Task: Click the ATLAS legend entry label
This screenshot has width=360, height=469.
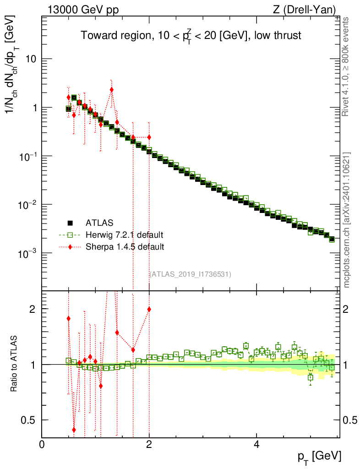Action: coord(99,223)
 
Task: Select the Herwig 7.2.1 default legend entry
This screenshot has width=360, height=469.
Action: coord(125,235)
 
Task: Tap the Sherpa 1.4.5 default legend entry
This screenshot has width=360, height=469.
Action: coord(125,247)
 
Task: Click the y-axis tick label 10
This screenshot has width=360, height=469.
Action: coord(30,59)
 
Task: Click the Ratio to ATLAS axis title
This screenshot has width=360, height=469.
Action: coord(13,363)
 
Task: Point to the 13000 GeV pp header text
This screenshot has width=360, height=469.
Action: coord(83,10)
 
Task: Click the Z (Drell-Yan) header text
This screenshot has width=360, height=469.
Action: coord(304,10)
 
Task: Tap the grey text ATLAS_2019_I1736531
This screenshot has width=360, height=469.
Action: coord(190,274)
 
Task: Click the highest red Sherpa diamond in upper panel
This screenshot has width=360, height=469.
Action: coord(112,89)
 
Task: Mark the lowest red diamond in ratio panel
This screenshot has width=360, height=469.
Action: coord(74,430)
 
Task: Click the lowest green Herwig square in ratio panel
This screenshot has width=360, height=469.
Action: coord(311,377)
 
